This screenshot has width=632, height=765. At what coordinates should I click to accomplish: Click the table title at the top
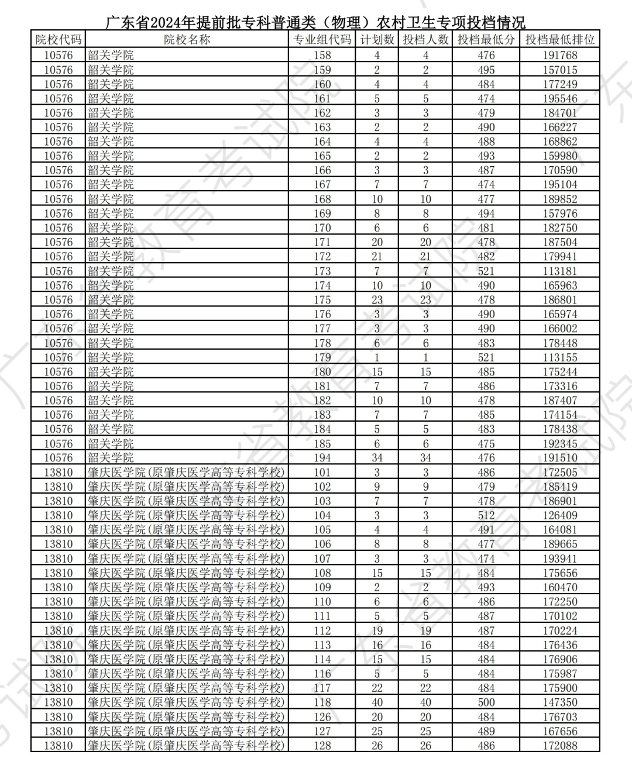pos(315,22)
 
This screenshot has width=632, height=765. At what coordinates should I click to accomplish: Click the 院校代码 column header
pos(59,40)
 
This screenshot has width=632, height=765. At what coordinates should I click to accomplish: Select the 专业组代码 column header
pos(322,40)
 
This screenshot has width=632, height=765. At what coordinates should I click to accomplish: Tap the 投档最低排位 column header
pos(559,40)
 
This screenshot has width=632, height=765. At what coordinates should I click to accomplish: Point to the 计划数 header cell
pos(377,40)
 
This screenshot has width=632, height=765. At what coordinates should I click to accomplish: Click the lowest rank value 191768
pos(559,56)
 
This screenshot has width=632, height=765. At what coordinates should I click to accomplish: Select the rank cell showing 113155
pos(559,357)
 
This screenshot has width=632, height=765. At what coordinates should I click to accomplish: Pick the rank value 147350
pos(559,702)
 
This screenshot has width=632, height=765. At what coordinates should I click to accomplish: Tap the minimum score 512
pos(486,515)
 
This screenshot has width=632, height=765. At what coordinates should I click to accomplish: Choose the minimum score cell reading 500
pos(486,702)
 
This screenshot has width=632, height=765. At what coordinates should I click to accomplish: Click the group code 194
pos(322,458)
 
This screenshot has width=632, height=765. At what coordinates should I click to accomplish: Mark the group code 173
pos(322,271)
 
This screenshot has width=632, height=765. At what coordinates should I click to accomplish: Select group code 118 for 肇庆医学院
pos(322,702)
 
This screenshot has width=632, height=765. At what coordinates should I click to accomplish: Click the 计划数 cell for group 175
pos(377,300)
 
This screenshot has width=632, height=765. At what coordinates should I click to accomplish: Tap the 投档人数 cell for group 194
pos(425,458)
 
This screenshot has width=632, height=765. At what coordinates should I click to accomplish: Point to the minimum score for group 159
pos(486,70)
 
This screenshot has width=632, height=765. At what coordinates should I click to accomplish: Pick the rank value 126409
pos(559,515)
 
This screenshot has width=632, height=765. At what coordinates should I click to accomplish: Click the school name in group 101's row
pos(186,472)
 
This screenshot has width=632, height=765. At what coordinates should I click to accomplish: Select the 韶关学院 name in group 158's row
pos(111,56)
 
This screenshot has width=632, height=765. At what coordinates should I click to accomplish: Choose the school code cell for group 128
pos(59,746)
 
